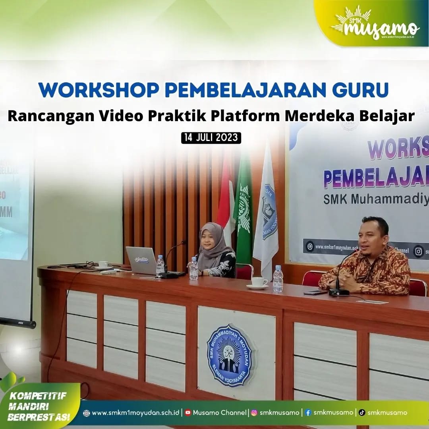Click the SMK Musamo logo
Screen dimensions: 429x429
pyautogui.click(x=375, y=25)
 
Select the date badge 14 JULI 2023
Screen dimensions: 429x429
pyautogui.click(x=211, y=137)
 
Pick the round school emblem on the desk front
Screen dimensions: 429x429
pyautogui.click(x=230, y=356)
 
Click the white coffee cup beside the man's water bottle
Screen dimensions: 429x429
pyautogui.click(x=259, y=282)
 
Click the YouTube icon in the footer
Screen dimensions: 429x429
pyautogui.click(x=188, y=412)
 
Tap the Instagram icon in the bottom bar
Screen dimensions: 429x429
pyautogui.click(x=254, y=412)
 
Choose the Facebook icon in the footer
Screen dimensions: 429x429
pyautogui.click(x=308, y=412)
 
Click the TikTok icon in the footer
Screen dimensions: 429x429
pyautogui.click(x=362, y=412)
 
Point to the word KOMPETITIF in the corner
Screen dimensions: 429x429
pyautogui.click(x=37, y=395)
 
